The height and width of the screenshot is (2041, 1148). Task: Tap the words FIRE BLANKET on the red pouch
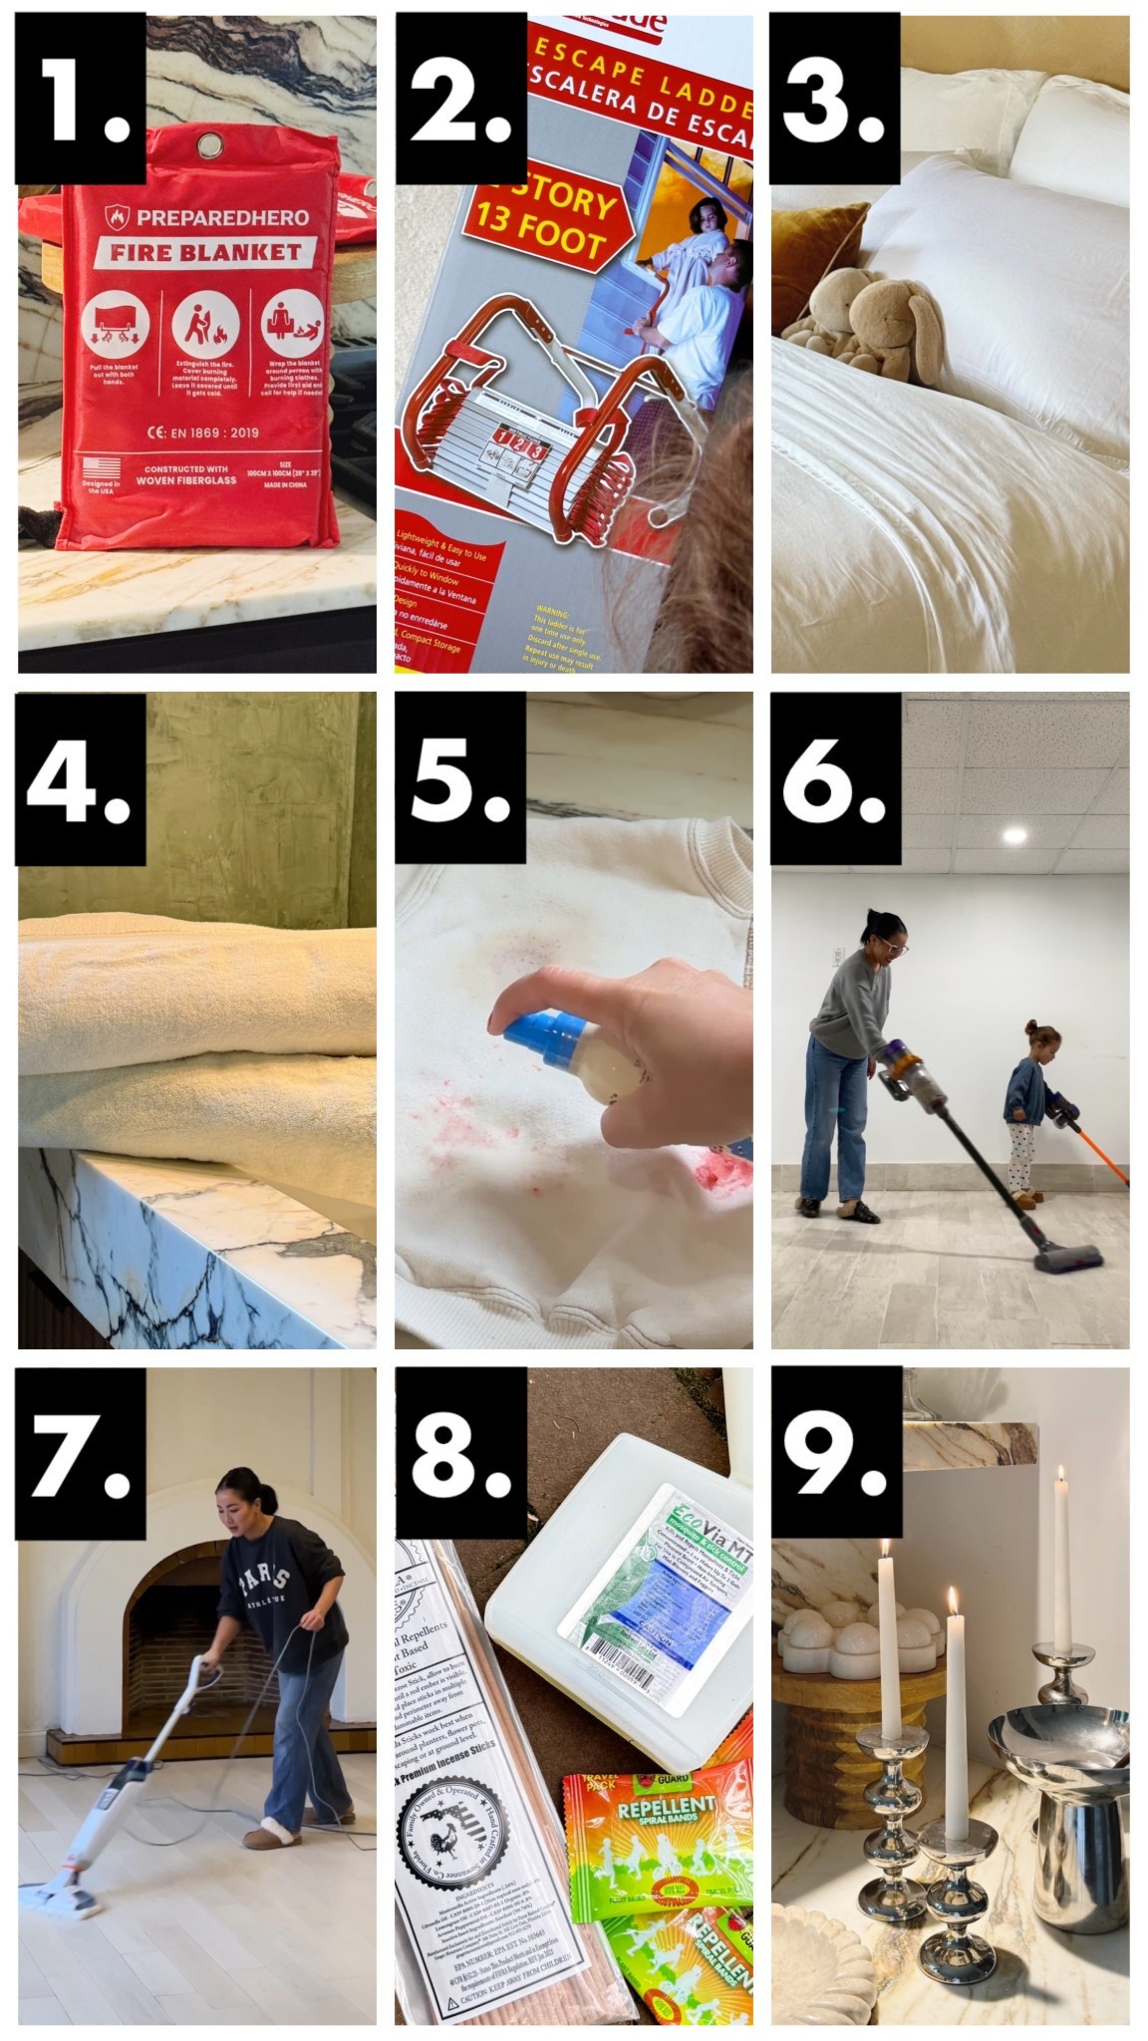click(x=205, y=252)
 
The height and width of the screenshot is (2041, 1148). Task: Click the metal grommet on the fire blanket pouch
click(x=209, y=147)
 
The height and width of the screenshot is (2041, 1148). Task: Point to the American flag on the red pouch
click(x=102, y=467)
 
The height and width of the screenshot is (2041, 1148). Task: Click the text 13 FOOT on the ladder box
click(x=537, y=240)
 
